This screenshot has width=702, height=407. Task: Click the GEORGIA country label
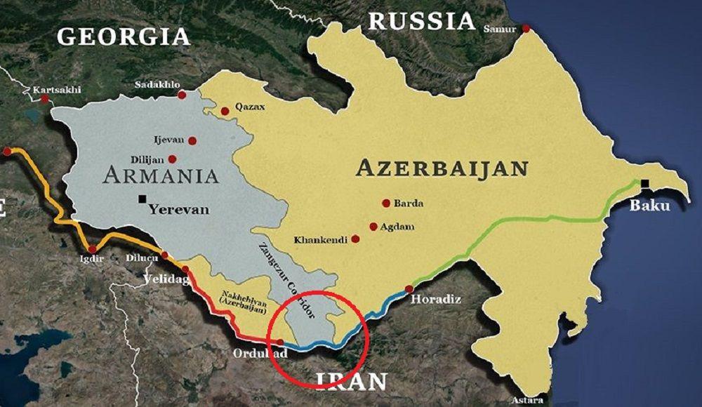(x=124, y=36)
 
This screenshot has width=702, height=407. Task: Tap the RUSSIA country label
(x=423, y=21)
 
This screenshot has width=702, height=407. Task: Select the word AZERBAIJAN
(x=442, y=168)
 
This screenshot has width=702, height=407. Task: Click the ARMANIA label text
(x=161, y=175)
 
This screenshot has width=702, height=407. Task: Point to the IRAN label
(x=352, y=381)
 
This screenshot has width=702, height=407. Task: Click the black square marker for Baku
(x=644, y=184)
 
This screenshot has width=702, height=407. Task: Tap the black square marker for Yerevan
(x=143, y=199)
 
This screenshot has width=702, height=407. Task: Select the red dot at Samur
(x=525, y=29)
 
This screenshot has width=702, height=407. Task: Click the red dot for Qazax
(x=225, y=111)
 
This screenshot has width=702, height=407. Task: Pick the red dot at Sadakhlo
(x=182, y=95)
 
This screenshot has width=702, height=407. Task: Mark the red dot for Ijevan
(x=192, y=140)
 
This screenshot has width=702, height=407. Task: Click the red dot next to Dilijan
(x=172, y=159)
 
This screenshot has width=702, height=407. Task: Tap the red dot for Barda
(x=385, y=203)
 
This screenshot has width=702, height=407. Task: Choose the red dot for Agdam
(x=373, y=227)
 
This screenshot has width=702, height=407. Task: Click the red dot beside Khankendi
(x=355, y=239)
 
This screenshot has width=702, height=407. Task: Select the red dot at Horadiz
(x=409, y=289)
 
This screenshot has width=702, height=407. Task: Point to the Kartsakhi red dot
(x=45, y=99)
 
